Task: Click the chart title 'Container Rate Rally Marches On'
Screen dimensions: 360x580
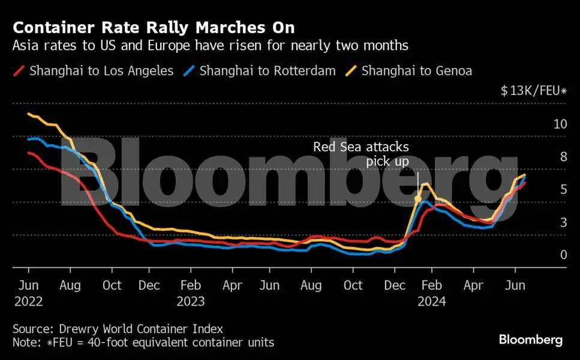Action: [x=154, y=28]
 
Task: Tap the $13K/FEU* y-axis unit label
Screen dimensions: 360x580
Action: [x=533, y=91]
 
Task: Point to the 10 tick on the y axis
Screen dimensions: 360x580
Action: [x=560, y=124]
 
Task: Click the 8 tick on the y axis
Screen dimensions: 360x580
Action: [x=563, y=157]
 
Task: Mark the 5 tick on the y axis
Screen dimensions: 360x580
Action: [x=563, y=190]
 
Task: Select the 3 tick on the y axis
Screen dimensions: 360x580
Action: [x=563, y=223]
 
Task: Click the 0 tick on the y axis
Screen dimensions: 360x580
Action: [x=563, y=255]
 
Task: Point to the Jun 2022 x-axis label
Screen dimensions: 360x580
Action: [x=28, y=293]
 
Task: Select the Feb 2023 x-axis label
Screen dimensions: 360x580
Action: [x=190, y=293]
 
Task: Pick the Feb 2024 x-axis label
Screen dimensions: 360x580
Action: [x=432, y=293]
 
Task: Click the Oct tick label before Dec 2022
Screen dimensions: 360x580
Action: [x=112, y=285]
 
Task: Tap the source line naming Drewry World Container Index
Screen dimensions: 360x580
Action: [x=118, y=329]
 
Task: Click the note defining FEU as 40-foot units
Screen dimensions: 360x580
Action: [x=143, y=343]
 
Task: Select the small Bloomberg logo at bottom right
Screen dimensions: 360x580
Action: [x=530, y=340]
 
